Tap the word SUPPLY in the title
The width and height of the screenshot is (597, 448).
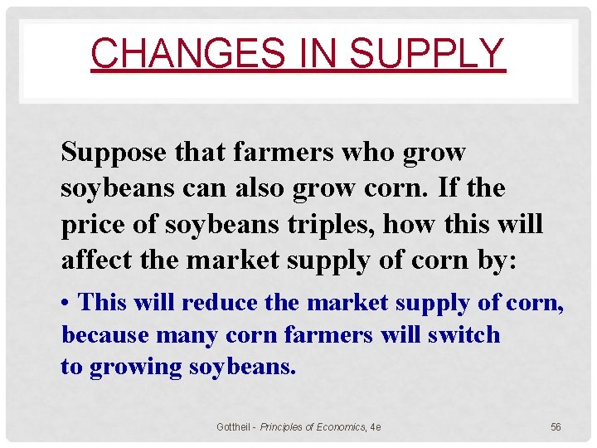(x=426, y=53)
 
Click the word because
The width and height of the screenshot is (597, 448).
(x=104, y=335)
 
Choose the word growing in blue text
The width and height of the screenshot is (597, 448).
(x=134, y=367)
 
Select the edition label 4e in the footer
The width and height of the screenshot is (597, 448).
(x=376, y=426)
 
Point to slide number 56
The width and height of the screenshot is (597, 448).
(x=556, y=426)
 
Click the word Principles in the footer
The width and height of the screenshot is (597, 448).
(x=284, y=426)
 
